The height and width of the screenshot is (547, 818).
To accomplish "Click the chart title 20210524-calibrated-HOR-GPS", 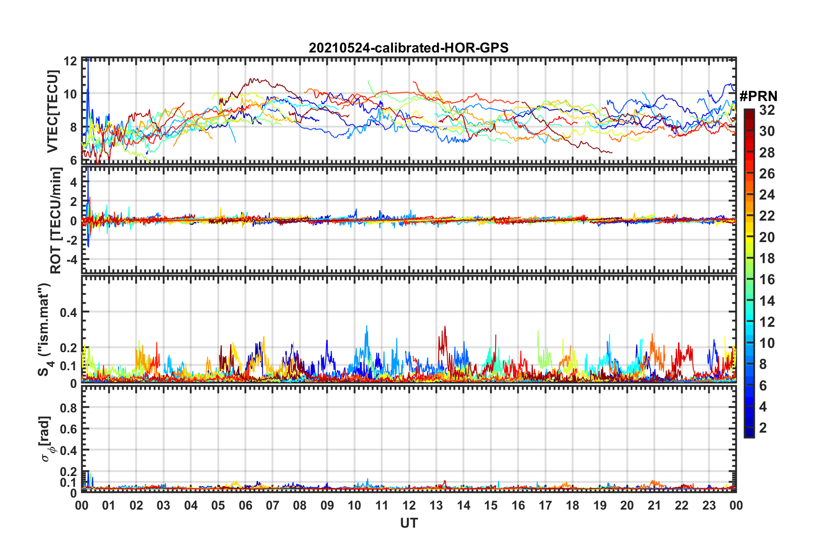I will (409, 48).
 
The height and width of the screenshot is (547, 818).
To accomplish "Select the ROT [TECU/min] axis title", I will (56, 221).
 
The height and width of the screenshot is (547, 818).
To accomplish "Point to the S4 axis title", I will (45, 330).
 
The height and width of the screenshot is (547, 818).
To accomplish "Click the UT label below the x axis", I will (409, 523).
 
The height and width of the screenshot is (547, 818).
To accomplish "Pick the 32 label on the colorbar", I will (767, 110).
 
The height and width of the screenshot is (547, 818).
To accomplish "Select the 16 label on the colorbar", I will (767, 280).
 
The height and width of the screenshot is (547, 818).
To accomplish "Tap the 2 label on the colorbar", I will (763, 427).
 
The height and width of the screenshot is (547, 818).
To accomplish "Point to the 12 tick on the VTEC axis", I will (71, 61).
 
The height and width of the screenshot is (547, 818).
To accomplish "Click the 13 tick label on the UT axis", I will (436, 505).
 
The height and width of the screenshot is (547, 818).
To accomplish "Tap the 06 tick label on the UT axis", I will (245, 505).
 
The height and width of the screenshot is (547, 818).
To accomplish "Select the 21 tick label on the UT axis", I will (654, 505).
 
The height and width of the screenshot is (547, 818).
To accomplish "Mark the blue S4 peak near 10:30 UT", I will (367, 327).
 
